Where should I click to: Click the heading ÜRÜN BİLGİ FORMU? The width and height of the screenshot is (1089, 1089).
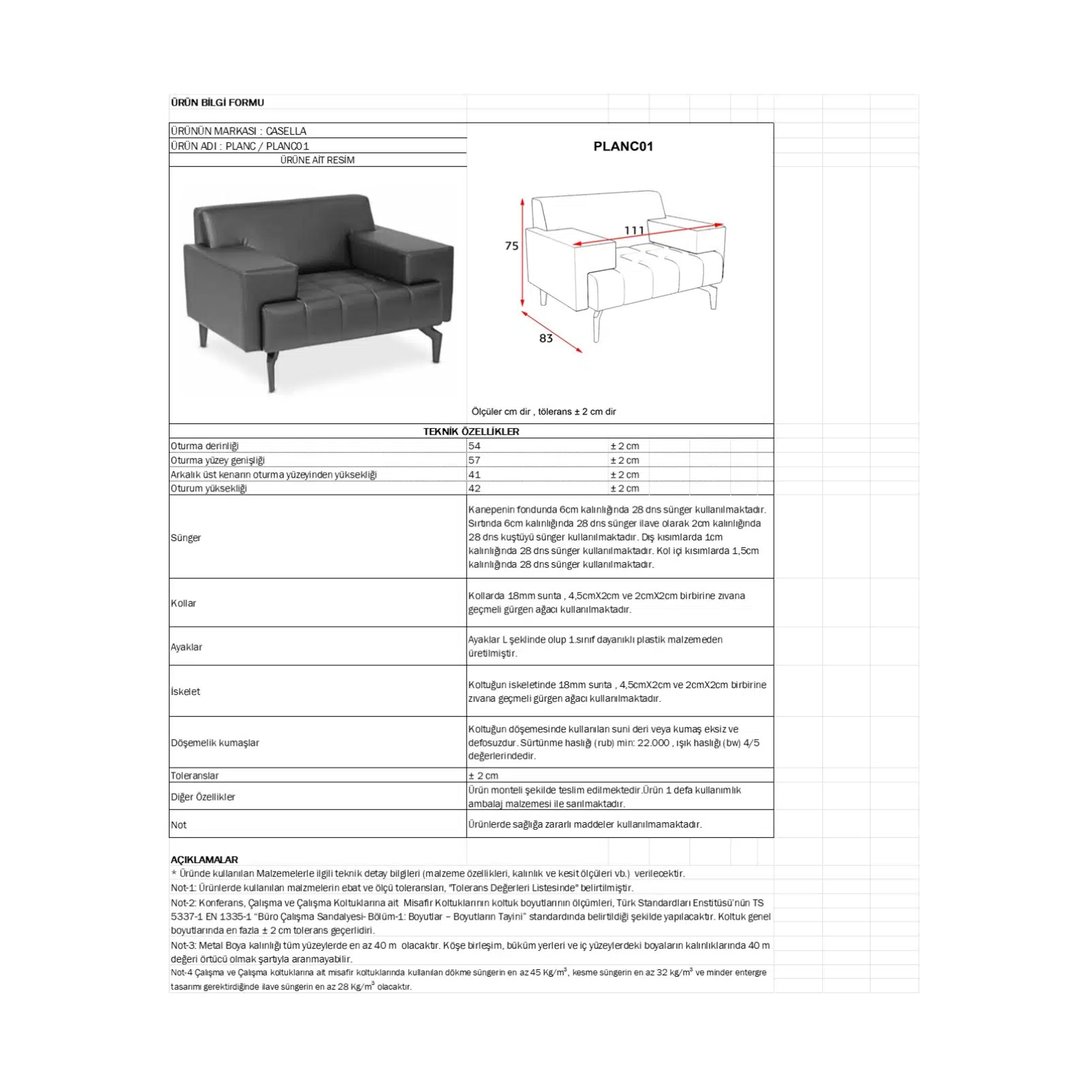point(217,103)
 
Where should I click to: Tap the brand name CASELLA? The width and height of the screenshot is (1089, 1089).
point(286,131)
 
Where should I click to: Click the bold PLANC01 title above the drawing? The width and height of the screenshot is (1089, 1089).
point(623,146)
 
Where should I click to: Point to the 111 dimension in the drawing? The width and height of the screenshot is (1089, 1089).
point(634,231)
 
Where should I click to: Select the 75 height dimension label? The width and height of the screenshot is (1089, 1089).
point(512,246)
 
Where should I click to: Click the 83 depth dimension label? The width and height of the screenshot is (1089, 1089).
point(546,338)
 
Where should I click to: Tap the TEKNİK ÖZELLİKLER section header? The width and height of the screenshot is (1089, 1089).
point(471,432)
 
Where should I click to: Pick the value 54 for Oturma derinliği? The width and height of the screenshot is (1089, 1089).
point(474,446)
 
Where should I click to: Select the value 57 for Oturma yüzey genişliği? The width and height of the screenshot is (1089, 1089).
point(474,461)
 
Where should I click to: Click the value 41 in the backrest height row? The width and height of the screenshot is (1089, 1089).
point(474,474)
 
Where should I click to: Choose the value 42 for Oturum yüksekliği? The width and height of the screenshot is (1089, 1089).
point(474,489)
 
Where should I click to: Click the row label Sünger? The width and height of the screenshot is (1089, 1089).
point(186,538)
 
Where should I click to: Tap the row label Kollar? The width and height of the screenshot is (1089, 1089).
point(184,604)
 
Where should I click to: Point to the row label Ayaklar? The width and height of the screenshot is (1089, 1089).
point(186,647)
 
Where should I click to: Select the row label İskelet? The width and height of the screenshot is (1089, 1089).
point(186,692)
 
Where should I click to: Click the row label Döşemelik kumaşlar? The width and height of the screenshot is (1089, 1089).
point(215,743)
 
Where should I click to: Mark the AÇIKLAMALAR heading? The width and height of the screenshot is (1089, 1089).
point(204,860)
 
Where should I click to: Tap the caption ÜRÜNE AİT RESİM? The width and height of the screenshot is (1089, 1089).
point(317,161)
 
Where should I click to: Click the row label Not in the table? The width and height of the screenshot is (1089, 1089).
point(178,825)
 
